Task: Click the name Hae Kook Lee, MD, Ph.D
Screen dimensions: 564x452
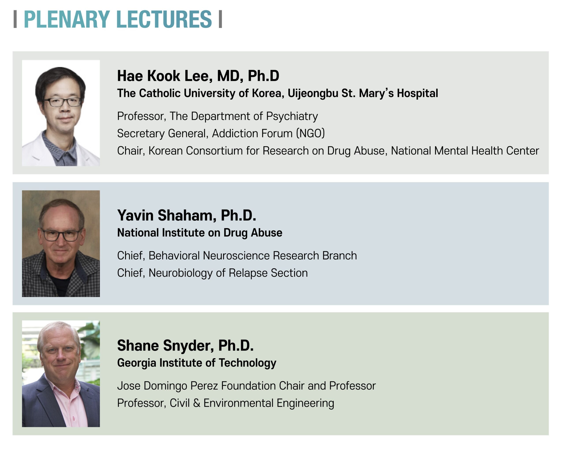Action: point(198,76)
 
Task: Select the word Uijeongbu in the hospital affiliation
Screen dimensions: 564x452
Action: point(313,94)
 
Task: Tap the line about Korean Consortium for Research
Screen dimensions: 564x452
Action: point(328,151)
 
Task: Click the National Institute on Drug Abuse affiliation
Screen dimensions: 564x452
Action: point(200,233)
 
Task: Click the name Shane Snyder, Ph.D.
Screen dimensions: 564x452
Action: point(185,346)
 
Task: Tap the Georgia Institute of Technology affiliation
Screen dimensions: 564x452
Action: point(197,363)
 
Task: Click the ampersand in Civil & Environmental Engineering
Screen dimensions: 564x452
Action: point(197,403)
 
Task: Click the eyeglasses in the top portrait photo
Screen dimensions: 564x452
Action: point(63,102)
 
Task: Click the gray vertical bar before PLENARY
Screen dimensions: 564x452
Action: point(15,19)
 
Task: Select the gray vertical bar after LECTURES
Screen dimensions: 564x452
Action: point(220,19)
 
